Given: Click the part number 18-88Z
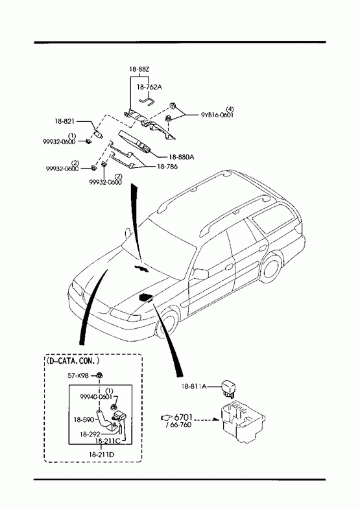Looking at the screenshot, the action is click(x=139, y=69).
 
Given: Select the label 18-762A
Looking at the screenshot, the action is click(x=149, y=87).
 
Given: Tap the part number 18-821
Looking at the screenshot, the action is click(x=65, y=121).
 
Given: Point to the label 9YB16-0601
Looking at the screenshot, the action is click(x=217, y=115).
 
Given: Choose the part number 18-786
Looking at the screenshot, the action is click(x=167, y=167).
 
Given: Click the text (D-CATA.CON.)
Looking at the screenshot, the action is click(x=73, y=361).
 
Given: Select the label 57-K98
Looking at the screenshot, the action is click(x=78, y=375).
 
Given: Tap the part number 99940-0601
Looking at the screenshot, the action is click(x=96, y=396).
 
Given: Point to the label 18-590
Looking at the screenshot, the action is click(x=84, y=420).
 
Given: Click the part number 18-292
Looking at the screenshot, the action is click(x=90, y=434).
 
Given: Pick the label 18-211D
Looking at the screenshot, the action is click(x=101, y=455).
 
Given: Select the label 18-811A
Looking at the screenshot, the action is click(x=194, y=386).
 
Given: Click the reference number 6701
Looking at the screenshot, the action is click(x=184, y=417).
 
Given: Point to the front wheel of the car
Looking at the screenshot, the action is click(x=166, y=323).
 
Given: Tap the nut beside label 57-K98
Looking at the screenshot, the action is click(x=100, y=375).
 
